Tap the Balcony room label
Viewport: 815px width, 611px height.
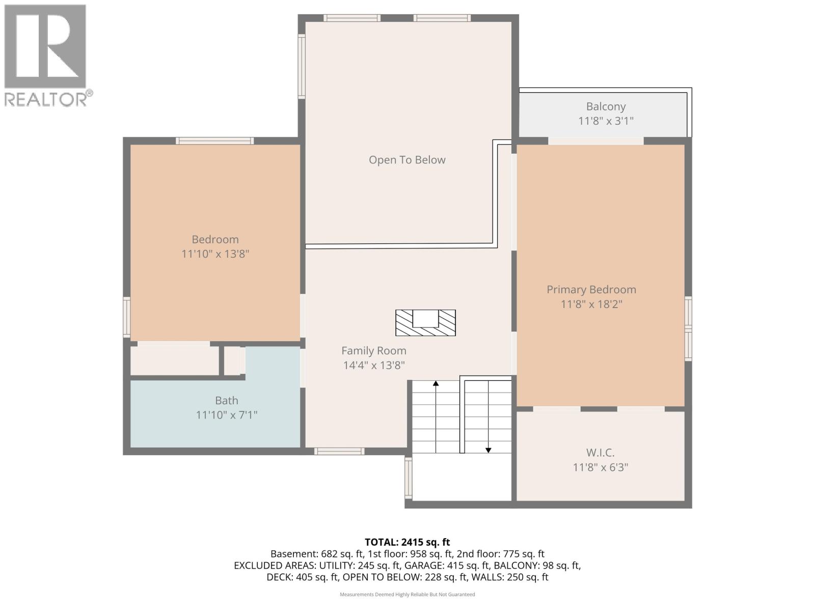coord(606,106)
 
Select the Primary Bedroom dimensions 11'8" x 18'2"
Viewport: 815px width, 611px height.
coord(591,304)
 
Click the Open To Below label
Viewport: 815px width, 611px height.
coord(407,160)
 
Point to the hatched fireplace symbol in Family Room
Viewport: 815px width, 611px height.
coord(425,323)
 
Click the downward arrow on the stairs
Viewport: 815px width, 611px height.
coord(488,449)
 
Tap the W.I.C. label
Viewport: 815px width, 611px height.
coord(600,453)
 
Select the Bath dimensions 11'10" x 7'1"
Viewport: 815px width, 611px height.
coord(227,415)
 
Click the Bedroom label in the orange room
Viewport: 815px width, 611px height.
coord(215,239)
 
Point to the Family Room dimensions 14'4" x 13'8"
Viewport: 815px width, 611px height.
coord(374,365)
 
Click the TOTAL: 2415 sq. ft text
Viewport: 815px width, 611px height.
coord(407,542)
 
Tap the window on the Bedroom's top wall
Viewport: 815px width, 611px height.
coord(214,141)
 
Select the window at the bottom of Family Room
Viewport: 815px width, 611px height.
coord(339,451)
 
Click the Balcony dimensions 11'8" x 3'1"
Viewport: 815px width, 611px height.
coord(606,121)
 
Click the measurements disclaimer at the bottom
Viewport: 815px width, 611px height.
coord(407,594)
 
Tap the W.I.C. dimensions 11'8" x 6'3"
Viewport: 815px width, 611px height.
coord(600,467)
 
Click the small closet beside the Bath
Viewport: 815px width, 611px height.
coord(233,361)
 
